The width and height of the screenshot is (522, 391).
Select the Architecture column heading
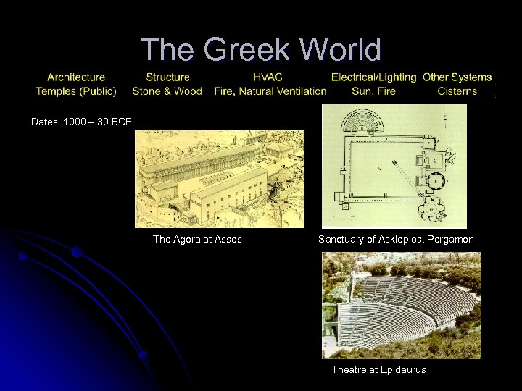point(76,77)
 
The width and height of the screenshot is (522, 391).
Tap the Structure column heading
point(167,77)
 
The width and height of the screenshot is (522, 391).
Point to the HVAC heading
point(268,77)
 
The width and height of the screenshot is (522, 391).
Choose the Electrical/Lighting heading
point(373,77)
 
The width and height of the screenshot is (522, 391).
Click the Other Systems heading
point(457,77)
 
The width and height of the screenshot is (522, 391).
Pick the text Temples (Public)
point(76,91)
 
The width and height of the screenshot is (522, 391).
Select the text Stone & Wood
point(167,91)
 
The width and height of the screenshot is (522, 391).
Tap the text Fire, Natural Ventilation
point(270,91)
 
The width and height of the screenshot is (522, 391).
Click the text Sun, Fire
point(373,91)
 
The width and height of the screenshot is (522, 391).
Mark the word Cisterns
point(457,91)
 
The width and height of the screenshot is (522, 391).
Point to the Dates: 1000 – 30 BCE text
point(81,122)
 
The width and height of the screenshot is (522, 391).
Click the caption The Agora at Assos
point(197,239)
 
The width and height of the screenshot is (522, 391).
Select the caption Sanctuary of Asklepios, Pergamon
point(396,239)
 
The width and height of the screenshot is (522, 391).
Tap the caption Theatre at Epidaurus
point(378,370)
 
